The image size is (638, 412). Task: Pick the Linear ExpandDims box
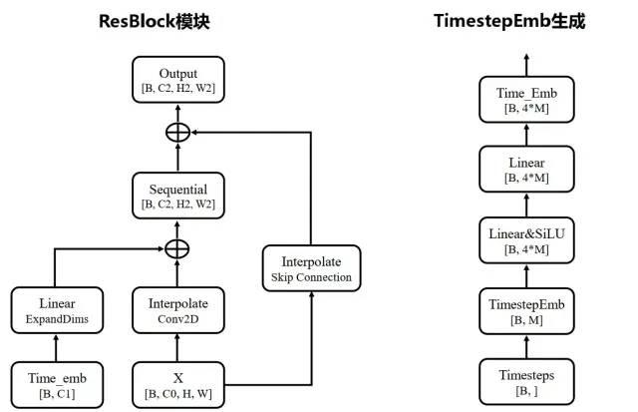tap(57, 309)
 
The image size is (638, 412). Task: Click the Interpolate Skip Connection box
tap(311, 268)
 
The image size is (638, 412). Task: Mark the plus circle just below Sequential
tap(177, 246)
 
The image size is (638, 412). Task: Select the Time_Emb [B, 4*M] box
tap(525, 100)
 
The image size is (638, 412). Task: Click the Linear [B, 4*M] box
tap(525, 170)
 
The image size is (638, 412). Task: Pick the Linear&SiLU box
tap(525, 239)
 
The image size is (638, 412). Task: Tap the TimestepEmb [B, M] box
tap(525, 310)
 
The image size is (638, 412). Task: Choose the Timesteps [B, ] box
tap(525, 382)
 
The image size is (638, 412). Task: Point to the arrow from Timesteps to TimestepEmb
tap(525, 346)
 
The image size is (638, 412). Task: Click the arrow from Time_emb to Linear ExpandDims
tap(57, 347)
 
